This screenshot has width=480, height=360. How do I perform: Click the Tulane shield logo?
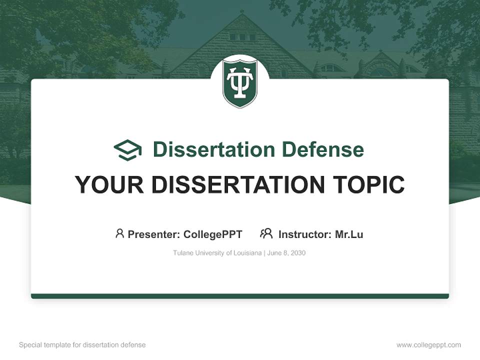(239, 82)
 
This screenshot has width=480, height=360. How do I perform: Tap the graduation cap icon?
(127, 150)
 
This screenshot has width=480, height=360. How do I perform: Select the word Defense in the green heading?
(322, 149)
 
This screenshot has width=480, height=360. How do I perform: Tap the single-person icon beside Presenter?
(119, 233)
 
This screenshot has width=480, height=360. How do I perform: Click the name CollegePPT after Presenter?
(212, 234)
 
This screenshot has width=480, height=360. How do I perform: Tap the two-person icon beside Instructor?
(266, 233)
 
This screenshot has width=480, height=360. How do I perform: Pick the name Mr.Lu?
(349, 234)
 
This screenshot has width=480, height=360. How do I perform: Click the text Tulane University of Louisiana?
(217, 253)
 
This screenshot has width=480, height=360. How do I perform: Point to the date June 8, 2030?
(286, 253)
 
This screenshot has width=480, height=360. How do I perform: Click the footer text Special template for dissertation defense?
(82, 345)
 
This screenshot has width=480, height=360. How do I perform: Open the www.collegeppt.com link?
(428, 345)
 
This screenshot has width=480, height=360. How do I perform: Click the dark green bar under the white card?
(240, 296)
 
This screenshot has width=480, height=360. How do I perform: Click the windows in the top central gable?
(239, 36)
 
